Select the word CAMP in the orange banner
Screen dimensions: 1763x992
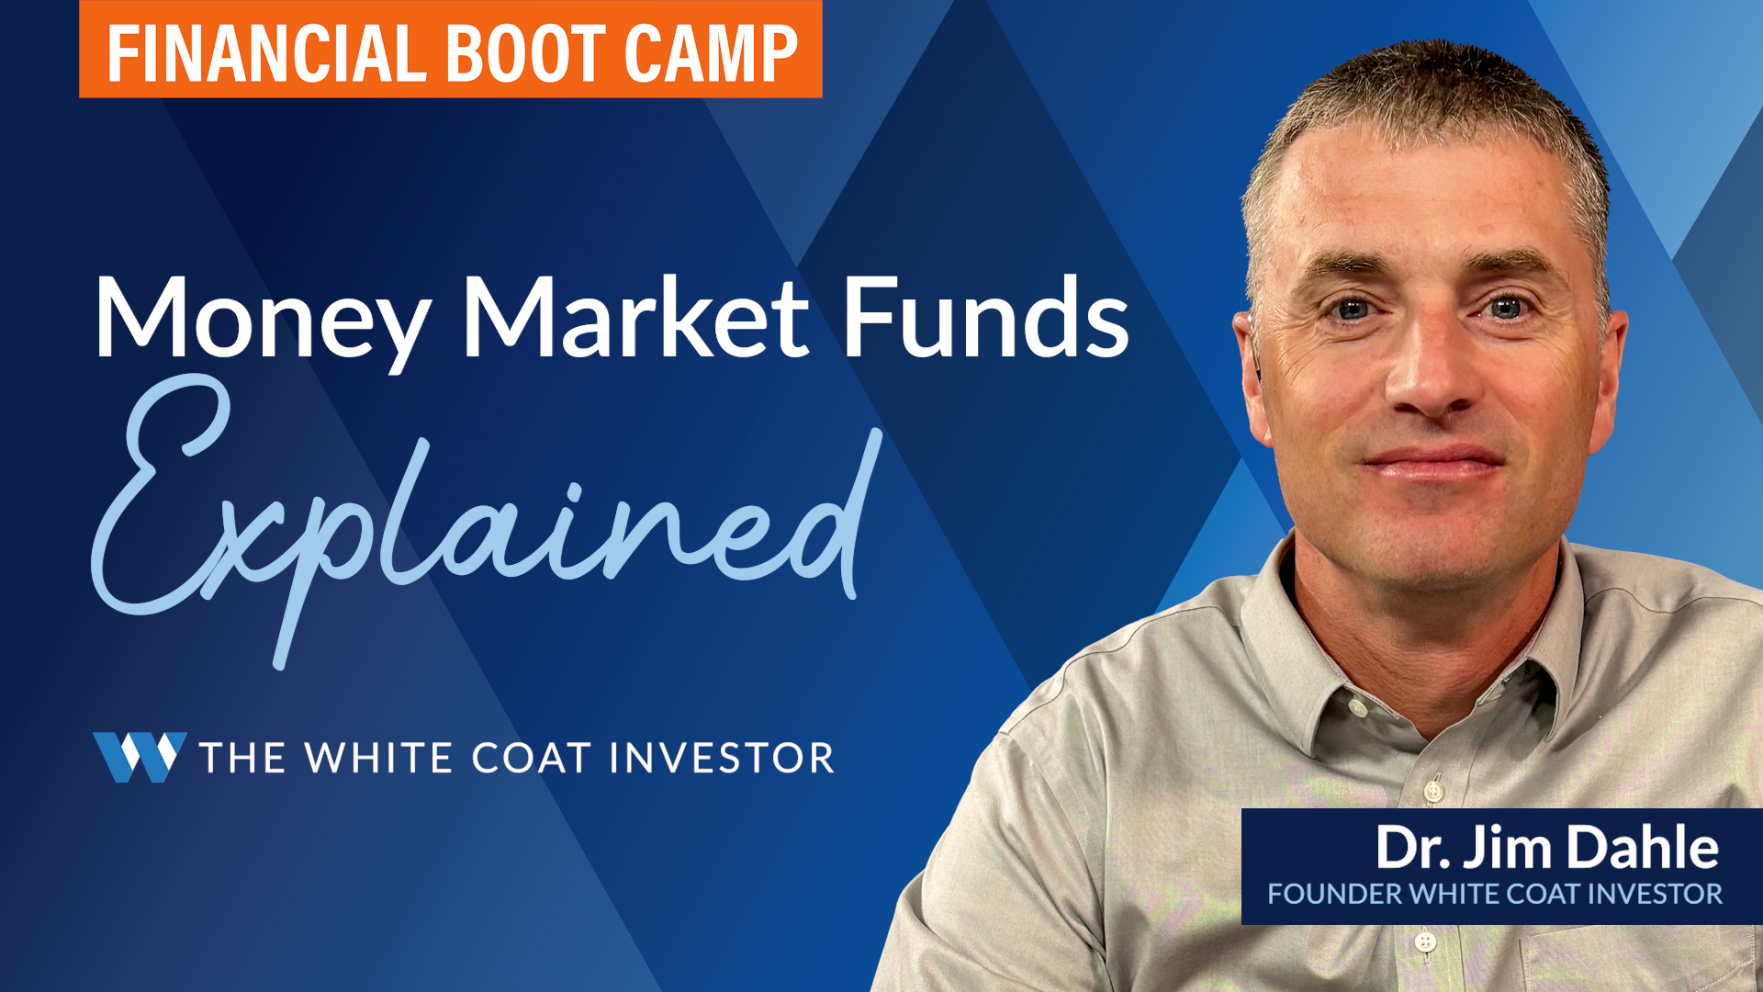coord(711,53)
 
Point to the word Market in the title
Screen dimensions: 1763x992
coord(635,316)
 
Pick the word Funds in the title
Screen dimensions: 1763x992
coord(985,316)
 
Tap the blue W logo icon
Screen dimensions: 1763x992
coord(140,757)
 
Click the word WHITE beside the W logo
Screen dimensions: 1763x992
coord(378,758)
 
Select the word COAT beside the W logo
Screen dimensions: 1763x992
coord(531,758)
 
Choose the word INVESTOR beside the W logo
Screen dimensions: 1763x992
coord(722,758)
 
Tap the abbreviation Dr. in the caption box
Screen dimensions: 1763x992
coord(1413,847)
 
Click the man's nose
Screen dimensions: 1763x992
coord(1426,372)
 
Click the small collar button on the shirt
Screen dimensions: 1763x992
coord(1356,708)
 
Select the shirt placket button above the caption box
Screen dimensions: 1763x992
coord(1432,789)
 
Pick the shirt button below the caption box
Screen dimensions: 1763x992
coord(1424,941)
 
